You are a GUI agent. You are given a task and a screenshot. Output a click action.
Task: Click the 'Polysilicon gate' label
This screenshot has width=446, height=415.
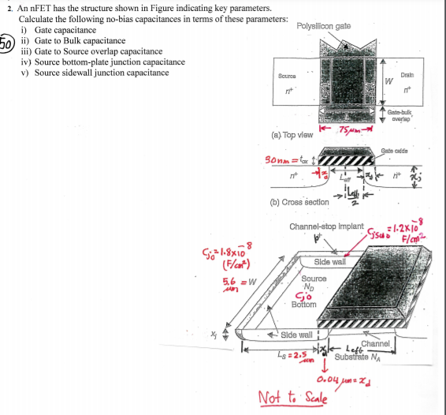pyautogui.click(x=324, y=27)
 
